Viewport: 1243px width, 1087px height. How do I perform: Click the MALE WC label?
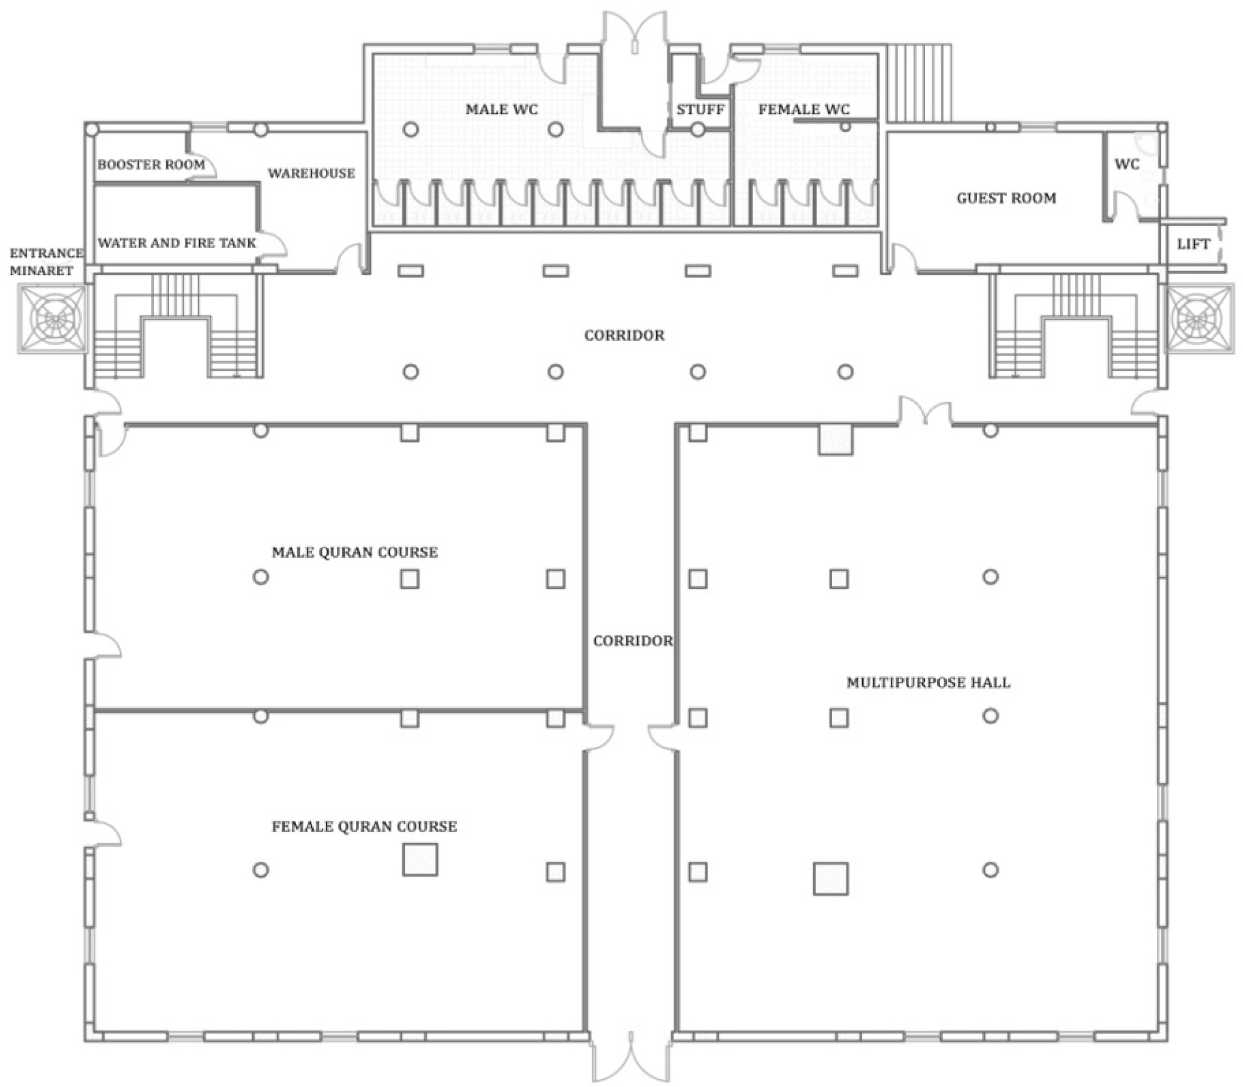502,109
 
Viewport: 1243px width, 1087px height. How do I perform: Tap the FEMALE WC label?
804,109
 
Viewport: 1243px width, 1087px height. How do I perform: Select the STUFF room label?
701,110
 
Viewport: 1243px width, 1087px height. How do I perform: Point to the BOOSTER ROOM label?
151,165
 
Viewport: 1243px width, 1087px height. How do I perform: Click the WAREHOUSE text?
312,174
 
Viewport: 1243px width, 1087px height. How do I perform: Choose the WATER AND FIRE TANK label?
177,243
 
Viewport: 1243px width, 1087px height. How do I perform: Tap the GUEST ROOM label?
1006,199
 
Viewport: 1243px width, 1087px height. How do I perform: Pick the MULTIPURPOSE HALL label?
928,683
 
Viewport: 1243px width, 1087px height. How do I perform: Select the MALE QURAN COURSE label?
354,553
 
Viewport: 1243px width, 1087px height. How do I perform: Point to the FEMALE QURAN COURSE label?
364,827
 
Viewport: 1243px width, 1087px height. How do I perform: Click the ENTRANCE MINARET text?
46,262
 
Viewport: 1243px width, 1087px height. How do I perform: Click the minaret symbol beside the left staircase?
52,319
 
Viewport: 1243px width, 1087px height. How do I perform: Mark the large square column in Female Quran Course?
420,859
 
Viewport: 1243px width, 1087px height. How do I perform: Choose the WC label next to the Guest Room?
1126,165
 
